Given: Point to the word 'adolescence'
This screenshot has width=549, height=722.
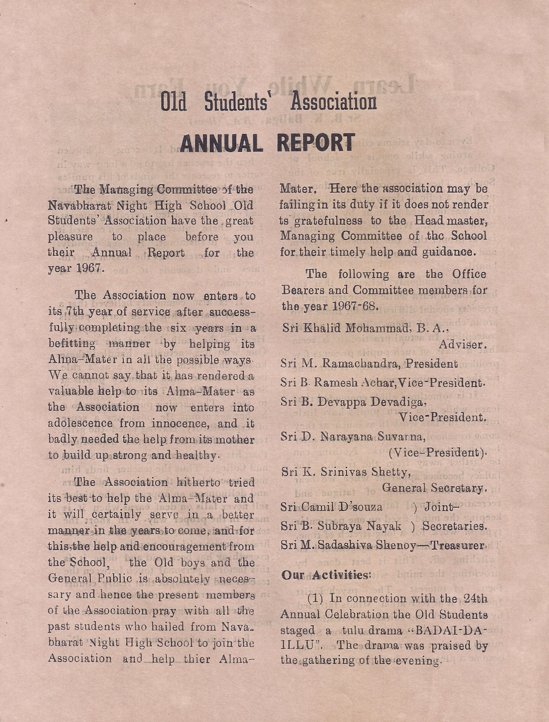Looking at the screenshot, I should (x=80, y=423).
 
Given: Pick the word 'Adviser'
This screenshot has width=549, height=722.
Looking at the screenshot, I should (x=460, y=344).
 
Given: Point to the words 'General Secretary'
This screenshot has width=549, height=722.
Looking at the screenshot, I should (x=432, y=488).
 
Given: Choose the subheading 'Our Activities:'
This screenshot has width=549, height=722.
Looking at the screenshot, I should (x=326, y=575).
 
